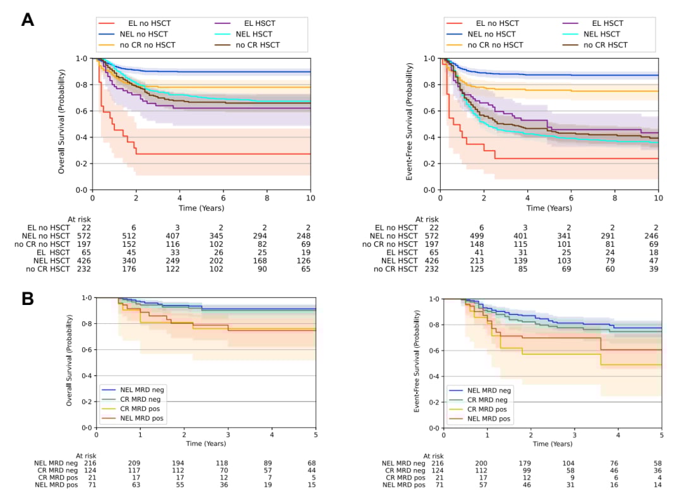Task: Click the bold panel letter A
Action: click(27, 20)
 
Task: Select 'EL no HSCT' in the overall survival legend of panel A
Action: click(149, 23)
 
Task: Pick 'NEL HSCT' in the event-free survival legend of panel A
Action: click(602, 34)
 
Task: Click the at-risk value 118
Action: click(228, 463)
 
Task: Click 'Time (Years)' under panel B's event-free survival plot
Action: click(553, 444)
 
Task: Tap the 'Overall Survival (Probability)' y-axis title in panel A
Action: click(62, 124)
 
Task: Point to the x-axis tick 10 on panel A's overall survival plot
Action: click(310, 198)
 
